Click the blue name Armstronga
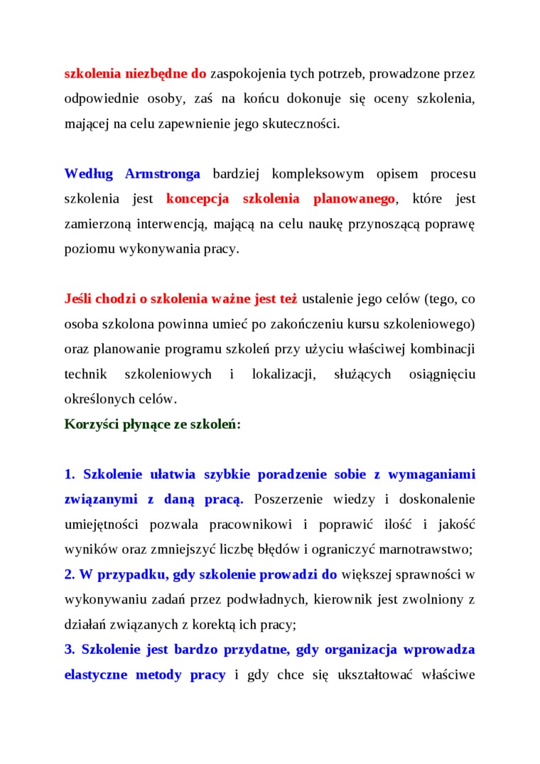[163, 174]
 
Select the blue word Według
[88, 174]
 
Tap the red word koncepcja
[198, 199]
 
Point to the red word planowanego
[354, 199]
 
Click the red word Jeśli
[78, 298]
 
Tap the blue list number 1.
[70, 474]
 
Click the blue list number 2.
[70, 574]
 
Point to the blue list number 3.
[70, 650]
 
